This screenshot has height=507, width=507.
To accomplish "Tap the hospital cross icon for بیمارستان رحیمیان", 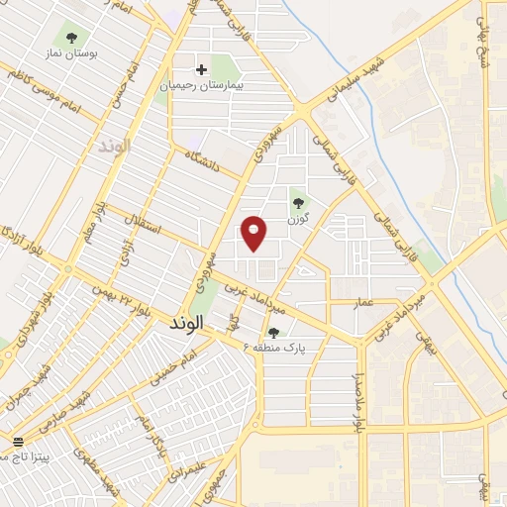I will [x=202, y=69].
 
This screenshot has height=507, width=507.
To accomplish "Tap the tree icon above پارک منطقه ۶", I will [x=273, y=334].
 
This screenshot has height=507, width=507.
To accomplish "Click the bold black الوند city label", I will [x=186, y=323].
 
